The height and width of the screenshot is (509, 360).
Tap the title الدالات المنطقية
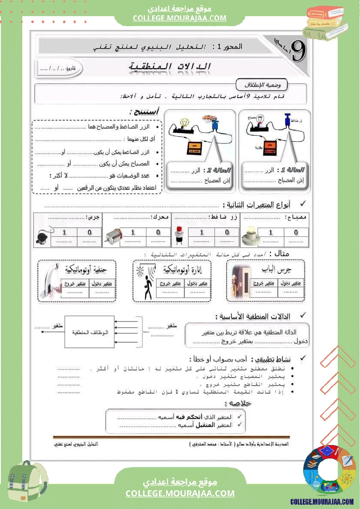point(170,67)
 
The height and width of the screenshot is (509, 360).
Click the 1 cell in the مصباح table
point(271,232)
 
